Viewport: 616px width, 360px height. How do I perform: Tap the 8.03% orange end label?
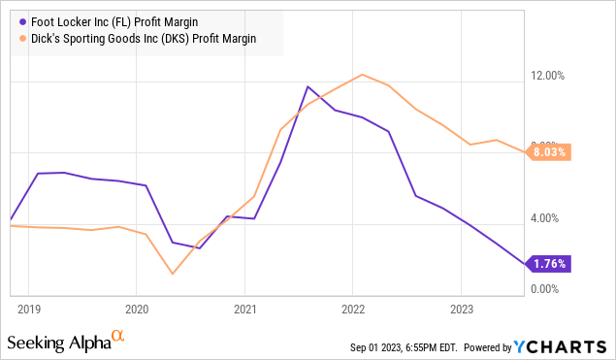549,151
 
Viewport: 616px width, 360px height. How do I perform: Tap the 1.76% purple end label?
549,263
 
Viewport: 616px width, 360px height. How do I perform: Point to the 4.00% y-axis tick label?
549,218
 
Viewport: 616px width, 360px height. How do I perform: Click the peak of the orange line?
362,75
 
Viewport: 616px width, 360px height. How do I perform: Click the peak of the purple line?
308,86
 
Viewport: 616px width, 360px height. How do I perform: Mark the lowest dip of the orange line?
173,274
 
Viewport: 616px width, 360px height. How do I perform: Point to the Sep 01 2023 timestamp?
405,347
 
